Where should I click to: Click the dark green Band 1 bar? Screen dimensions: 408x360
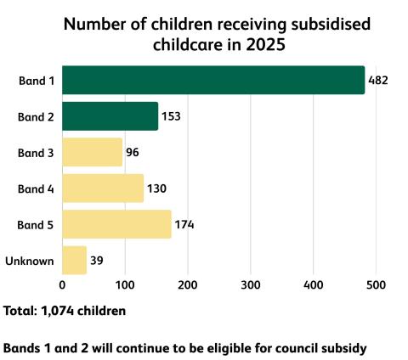point(213,80)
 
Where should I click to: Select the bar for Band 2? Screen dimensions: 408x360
point(110,116)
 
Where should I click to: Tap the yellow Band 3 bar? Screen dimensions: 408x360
point(93,152)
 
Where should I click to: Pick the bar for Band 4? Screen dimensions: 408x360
point(103,188)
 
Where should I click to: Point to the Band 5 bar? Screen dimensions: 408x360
point(116,224)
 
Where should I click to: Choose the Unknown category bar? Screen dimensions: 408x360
point(74,260)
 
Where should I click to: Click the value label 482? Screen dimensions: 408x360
point(378,81)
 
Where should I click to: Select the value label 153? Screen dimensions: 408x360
point(171,116)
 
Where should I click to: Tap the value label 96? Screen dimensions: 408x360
point(133,153)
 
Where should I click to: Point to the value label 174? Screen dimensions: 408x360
point(184,225)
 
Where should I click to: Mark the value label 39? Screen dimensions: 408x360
point(97,261)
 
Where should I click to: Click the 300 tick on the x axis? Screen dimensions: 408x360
point(251,285)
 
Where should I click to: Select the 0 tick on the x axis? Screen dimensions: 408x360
point(62,285)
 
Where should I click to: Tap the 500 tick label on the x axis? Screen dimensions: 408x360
point(376,285)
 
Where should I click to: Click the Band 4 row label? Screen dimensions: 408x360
point(36,188)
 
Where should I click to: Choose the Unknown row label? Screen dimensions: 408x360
point(30,261)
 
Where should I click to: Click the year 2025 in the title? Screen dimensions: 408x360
point(265,45)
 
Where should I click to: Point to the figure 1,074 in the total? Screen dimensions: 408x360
point(58,311)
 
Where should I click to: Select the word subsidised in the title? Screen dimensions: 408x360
point(331,24)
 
